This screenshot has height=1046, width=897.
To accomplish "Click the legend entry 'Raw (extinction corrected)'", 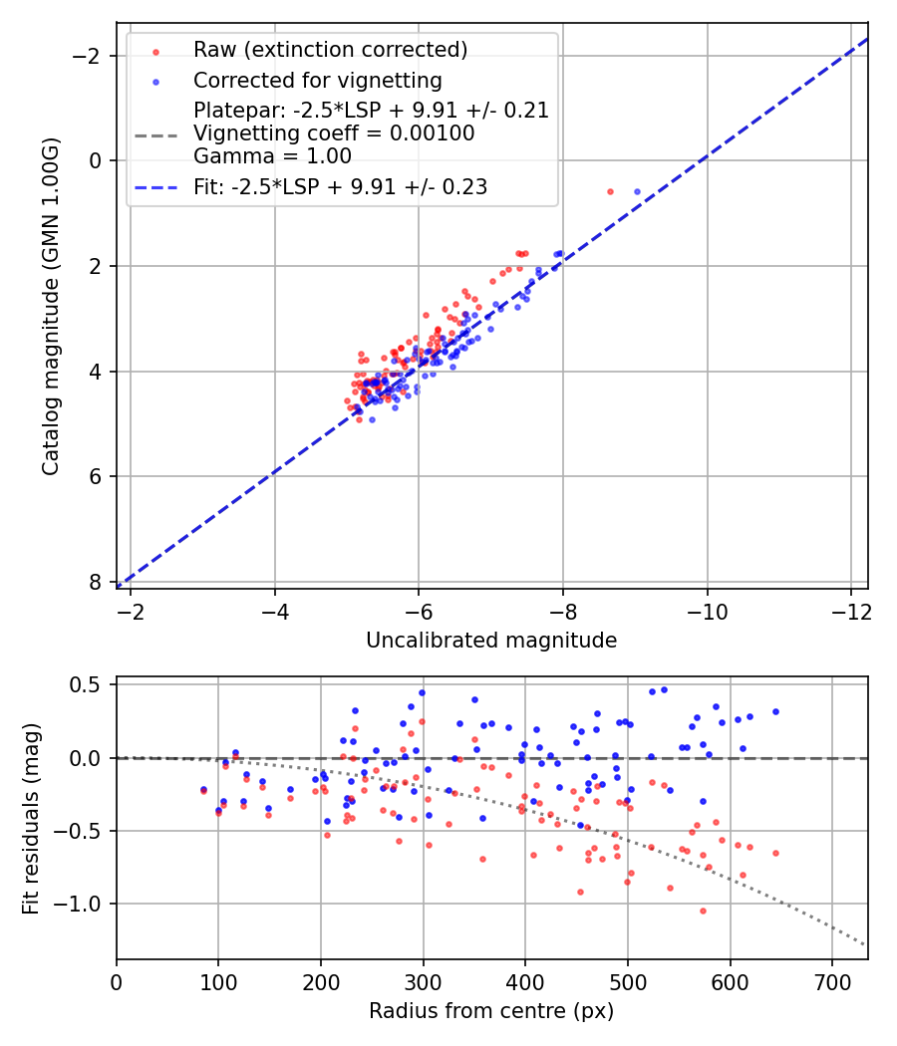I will click(330, 50).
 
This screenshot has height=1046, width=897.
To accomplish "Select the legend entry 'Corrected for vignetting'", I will click(317, 80).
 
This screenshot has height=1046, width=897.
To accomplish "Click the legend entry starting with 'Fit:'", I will click(340, 186).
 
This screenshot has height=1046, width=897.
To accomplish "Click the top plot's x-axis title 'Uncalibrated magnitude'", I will click(491, 641).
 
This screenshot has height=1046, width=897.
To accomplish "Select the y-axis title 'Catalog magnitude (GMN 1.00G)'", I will click(51, 306).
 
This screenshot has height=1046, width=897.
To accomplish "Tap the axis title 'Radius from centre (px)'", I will click(491, 1011).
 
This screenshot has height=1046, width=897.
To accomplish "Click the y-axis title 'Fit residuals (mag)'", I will click(31, 819).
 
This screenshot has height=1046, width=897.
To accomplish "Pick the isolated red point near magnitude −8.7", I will click(610, 191).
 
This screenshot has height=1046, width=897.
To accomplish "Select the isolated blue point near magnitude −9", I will click(637, 191).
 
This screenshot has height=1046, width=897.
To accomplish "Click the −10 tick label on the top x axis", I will click(707, 608).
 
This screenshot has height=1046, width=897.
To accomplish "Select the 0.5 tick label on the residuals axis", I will click(89, 685).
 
